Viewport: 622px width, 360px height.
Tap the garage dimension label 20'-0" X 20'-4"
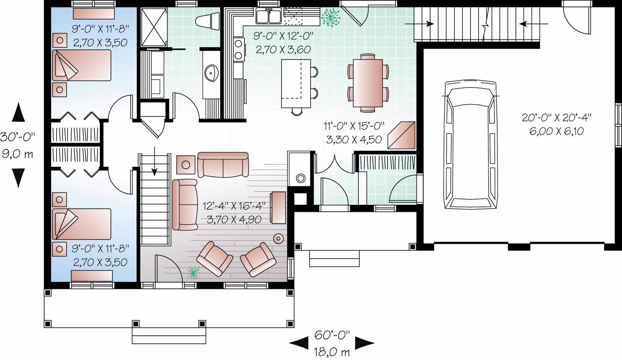click(557, 118)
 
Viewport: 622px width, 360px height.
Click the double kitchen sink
click(269, 16)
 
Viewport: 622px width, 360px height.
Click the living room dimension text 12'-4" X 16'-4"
click(234, 207)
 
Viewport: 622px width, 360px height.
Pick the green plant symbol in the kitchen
click(330, 17)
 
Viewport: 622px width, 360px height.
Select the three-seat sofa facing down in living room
click(223, 165)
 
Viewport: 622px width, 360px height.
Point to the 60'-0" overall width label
click(332, 335)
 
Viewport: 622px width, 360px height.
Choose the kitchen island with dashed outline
click(295, 83)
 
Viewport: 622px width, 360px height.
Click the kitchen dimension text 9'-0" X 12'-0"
click(283, 36)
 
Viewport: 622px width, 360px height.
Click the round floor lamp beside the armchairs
click(278, 238)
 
